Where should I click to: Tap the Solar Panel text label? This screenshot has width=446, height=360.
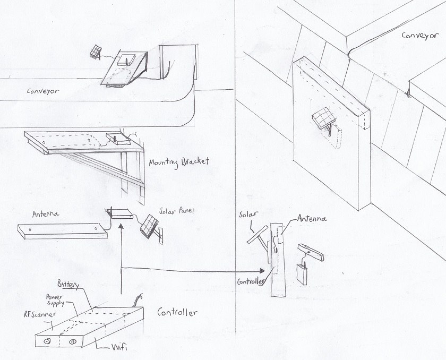pos(177,211)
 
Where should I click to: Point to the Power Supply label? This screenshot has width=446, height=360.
pos(55,301)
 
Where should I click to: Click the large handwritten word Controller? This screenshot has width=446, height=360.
pos(177,312)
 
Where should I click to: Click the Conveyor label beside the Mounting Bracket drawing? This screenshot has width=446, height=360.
pos(43,91)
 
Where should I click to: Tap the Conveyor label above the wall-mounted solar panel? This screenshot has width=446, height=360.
pos(419,36)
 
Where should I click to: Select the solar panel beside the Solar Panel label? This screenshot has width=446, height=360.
pos(149,225)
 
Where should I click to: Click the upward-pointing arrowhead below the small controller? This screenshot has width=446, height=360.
pos(122,227)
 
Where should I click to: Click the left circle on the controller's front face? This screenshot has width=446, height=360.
pos(46,341)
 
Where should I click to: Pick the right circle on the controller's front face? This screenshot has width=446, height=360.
pos(70,342)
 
